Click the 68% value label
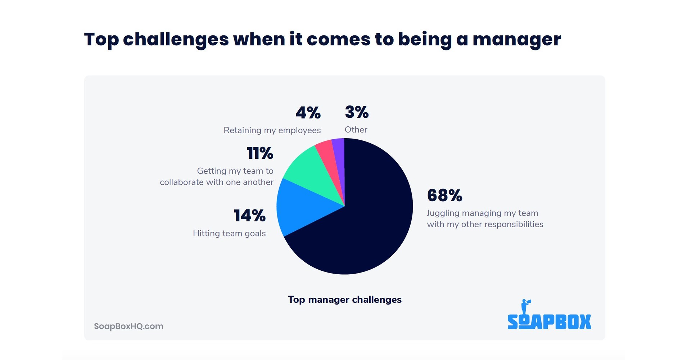[444, 195]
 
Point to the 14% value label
[249, 216]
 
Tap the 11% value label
[260, 153]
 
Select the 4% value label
[308, 113]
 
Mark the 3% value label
[357, 112]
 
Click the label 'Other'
[356, 130]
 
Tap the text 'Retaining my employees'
[272, 130]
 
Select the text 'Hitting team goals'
[229, 233]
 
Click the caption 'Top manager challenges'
[344, 300]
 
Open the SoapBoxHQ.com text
[128, 326]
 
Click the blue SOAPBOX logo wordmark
[549, 322]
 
